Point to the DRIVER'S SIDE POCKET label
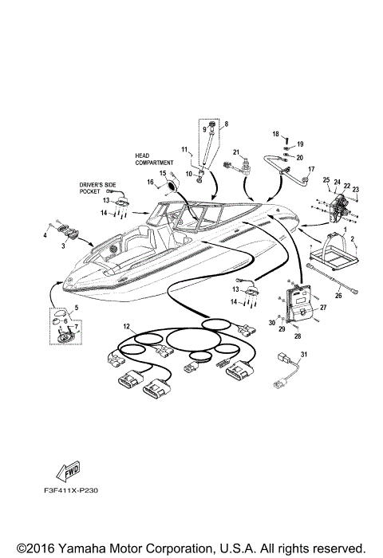pos(97,187)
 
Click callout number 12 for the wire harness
pos(124,328)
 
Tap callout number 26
pos(338,296)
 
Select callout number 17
pos(311,169)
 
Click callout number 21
pos(236,151)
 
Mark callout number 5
pos(76,307)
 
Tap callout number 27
pos(324,307)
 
